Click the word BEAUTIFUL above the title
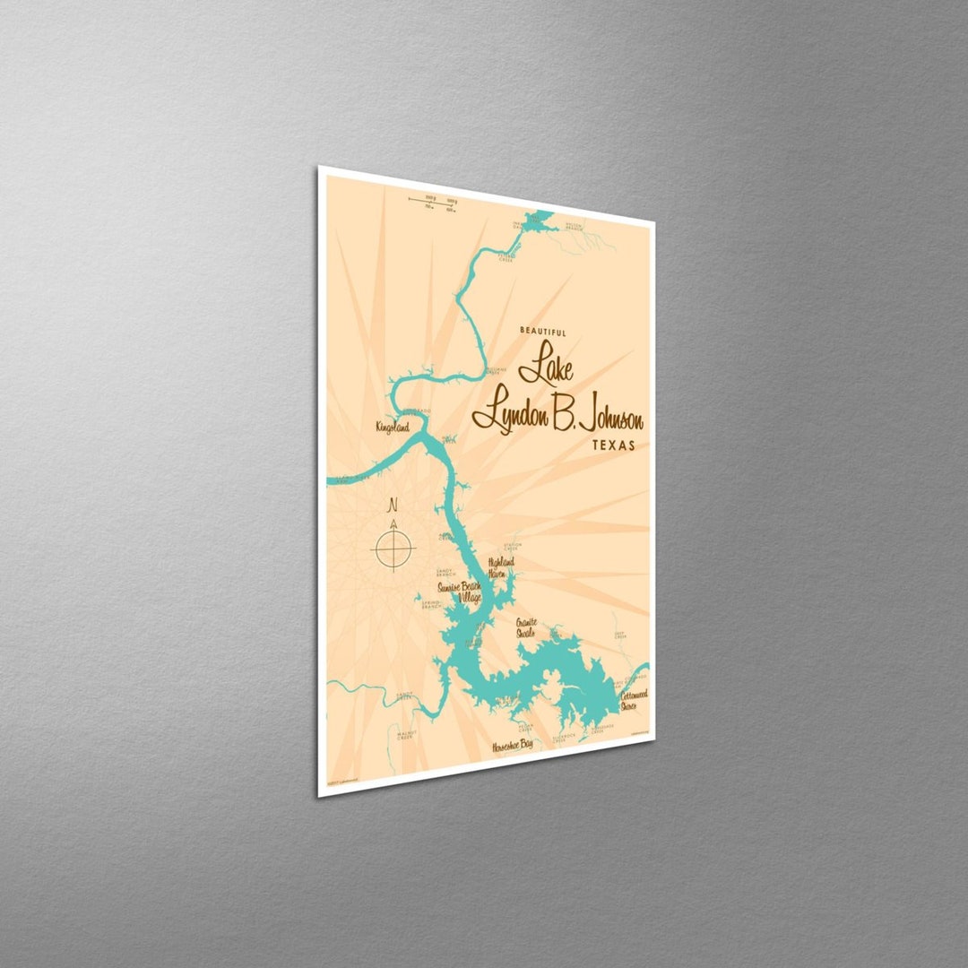click(x=543, y=332)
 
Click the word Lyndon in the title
click(x=503, y=413)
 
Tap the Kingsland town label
click(x=392, y=428)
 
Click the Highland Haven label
click(x=501, y=567)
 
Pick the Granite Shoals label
click(x=525, y=627)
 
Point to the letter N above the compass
click(x=392, y=506)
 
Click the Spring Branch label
click(x=430, y=605)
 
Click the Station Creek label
click(x=513, y=545)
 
